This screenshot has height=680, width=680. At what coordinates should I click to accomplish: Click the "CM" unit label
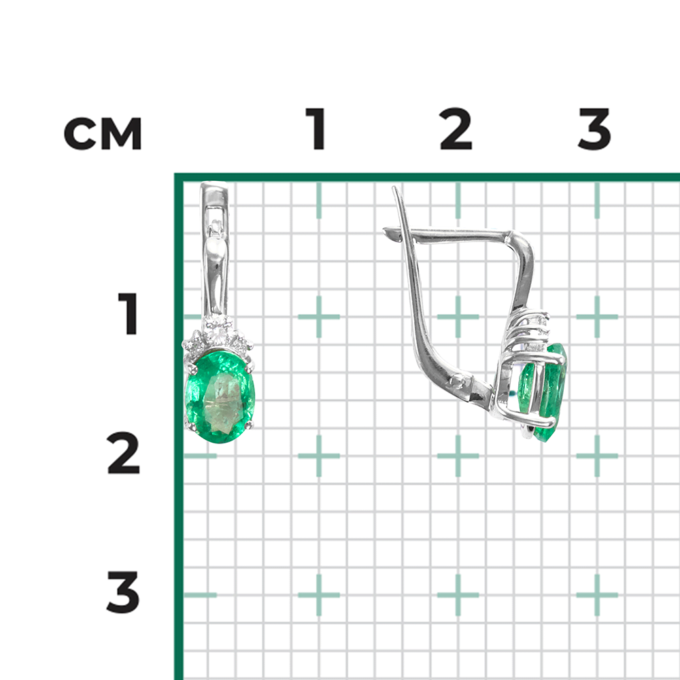pos(103,133)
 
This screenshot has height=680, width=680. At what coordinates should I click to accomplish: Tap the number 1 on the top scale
pos(316,129)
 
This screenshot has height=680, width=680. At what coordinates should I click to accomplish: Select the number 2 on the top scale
pos(456,129)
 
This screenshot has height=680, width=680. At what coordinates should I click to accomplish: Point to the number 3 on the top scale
pos(594,129)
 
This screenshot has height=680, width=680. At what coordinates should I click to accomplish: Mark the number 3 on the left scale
pos(123,592)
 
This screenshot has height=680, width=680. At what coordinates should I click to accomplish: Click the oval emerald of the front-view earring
pos(220,397)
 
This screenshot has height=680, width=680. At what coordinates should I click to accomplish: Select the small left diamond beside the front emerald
pos(193,344)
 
